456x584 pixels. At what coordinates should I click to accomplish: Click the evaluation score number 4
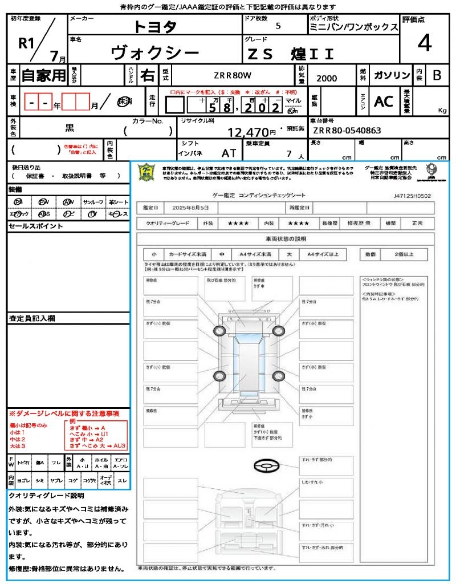coord(424,43)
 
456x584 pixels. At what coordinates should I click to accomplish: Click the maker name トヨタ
coord(156,27)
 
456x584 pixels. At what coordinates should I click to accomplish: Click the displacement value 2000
coord(327,78)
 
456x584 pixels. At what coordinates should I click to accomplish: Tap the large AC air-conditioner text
coord(384,102)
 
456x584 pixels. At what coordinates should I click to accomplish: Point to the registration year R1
coord(27,43)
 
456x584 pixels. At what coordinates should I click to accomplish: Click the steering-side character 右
coord(147,75)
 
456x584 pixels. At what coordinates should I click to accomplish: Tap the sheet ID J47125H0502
coord(412,196)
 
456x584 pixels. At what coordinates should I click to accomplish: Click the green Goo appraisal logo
coord(146,172)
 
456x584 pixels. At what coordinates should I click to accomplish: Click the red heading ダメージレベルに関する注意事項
coord(67,413)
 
